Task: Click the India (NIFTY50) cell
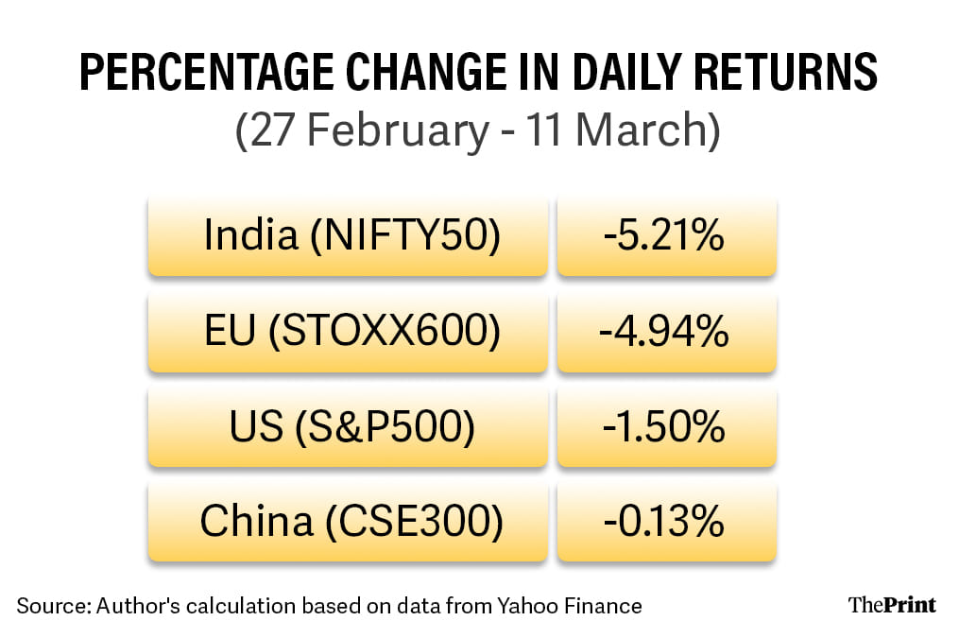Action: pos(348,236)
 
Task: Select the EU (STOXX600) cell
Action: pos(348,332)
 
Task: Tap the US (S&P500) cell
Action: pos(348,427)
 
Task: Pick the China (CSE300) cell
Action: pos(348,522)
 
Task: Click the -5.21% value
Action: pos(666,236)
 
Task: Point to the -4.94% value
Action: pos(666,332)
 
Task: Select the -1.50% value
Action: pos(666,427)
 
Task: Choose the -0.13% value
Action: pos(666,522)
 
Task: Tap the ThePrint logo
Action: pos(892,604)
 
